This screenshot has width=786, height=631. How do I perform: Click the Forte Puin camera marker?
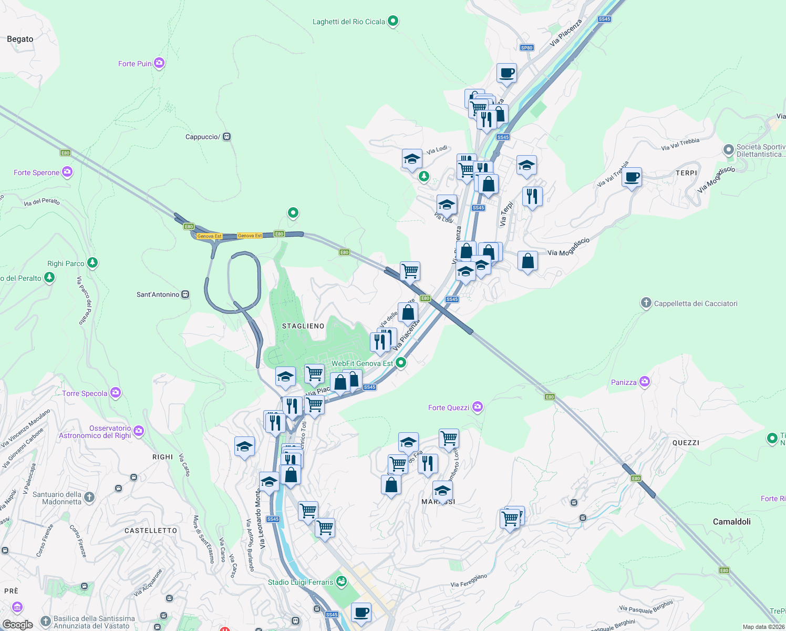tap(159, 63)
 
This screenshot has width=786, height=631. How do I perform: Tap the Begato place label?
tap(20, 39)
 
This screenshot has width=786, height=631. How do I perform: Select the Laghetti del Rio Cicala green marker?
tap(392, 22)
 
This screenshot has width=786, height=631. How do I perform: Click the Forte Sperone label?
tap(36, 172)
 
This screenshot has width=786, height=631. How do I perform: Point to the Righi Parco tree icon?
tap(92, 262)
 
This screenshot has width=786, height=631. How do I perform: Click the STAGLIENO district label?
tap(303, 326)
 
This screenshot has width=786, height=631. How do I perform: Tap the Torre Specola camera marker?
tap(116, 393)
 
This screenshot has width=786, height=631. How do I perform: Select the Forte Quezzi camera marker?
tap(477, 406)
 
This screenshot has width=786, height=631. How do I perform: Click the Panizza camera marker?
tap(645, 382)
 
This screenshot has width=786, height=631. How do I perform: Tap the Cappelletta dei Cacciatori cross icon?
tap(646, 303)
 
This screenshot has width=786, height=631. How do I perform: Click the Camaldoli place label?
tap(731, 522)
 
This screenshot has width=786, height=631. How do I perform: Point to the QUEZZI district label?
tap(686, 443)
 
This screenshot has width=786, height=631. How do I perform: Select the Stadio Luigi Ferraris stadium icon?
tap(342, 581)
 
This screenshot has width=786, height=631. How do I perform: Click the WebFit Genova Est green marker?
tap(401, 362)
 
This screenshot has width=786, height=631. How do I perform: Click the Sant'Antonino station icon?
tap(185, 294)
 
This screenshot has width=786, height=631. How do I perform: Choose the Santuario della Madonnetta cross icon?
tap(89, 497)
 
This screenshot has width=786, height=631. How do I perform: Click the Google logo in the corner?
tap(17, 624)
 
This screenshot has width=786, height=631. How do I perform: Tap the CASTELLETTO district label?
tap(151, 531)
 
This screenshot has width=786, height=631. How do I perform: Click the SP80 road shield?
tap(526, 48)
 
